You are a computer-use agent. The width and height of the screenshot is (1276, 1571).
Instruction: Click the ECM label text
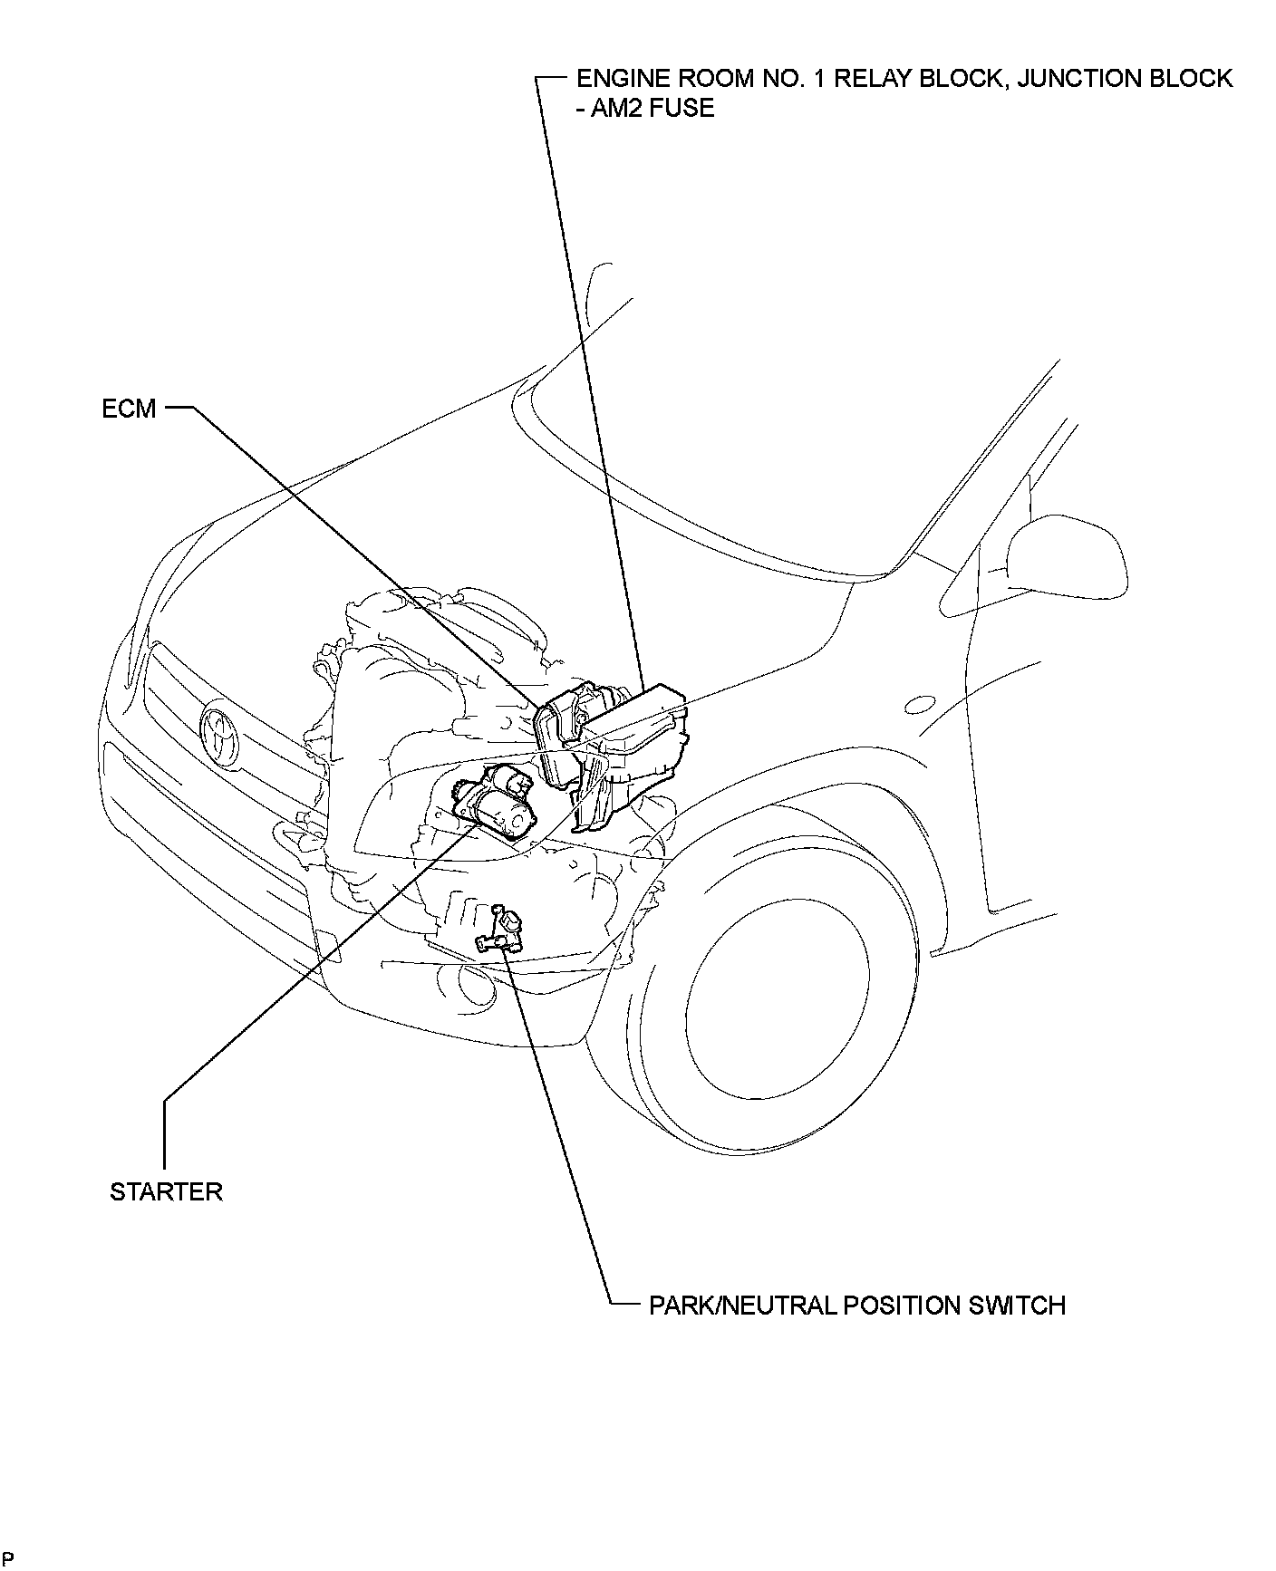click(x=129, y=410)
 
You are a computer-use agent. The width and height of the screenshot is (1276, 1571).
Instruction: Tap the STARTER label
click(x=166, y=1191)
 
